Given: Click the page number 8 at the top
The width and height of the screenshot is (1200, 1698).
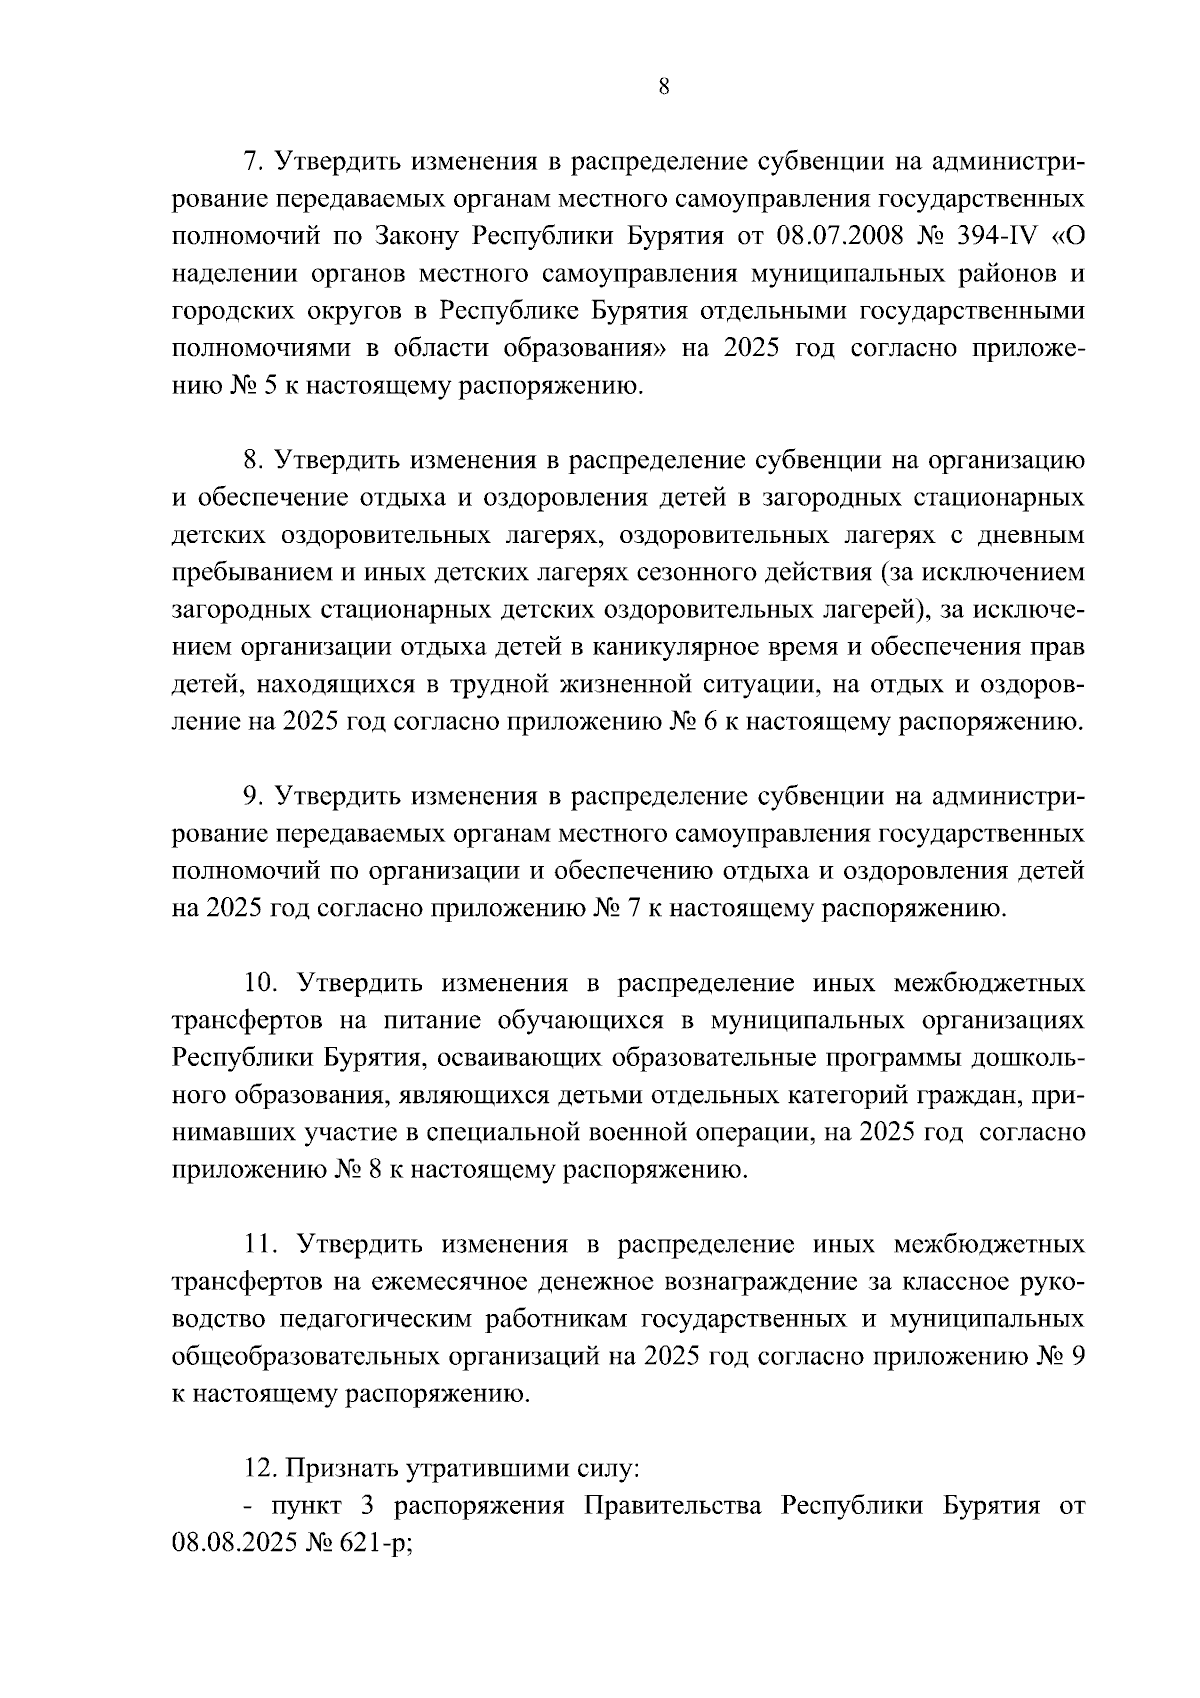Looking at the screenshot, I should click(664, 87).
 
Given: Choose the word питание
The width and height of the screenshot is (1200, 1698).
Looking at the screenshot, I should click(427, 1021).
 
